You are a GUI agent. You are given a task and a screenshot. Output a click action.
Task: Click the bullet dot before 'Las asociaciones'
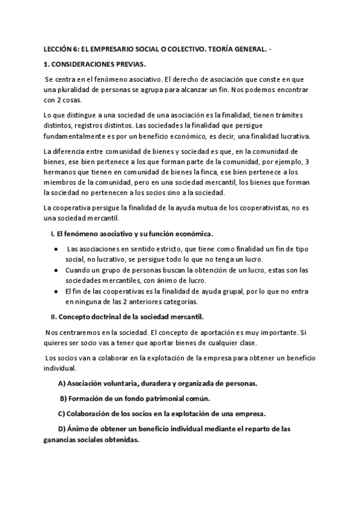[x=55, y=248]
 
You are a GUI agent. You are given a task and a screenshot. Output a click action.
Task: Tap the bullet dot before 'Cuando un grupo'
[x=55, y=271]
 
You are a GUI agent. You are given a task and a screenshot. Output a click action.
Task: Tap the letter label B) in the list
[x=63, y=398]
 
